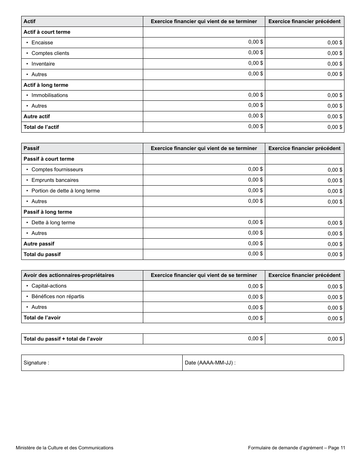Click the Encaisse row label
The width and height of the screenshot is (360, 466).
tap(42, 43)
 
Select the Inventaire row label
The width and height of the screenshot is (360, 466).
tap(43, 64)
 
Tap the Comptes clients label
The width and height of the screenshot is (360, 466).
tap(50, 53)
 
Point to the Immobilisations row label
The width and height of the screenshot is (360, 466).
tap(50, 95)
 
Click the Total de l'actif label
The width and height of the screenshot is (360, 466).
tap(41, 127)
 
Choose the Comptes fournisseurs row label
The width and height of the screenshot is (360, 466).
tap(57, 170)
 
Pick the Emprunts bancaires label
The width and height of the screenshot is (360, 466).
tap(55, 180)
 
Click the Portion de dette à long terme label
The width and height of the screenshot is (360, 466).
tap(65, 191)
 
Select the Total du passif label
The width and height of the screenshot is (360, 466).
tap(42, 255)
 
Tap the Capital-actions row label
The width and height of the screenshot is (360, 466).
tap(49, 286)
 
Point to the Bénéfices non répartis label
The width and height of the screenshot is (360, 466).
tap(58, 297)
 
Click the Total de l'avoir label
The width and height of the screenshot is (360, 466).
tap(42, 318)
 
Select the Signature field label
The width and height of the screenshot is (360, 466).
tap(36, 363)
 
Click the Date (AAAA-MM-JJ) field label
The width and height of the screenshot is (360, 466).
tap(210, 363)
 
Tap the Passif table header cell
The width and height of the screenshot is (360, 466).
tap(31, 149)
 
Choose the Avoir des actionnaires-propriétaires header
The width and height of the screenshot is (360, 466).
tap(69, 275)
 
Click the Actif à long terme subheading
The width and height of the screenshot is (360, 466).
tap(46, 85)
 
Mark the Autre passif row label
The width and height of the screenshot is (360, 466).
tap(39, 244)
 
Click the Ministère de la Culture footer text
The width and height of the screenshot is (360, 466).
tap(64, 448)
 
